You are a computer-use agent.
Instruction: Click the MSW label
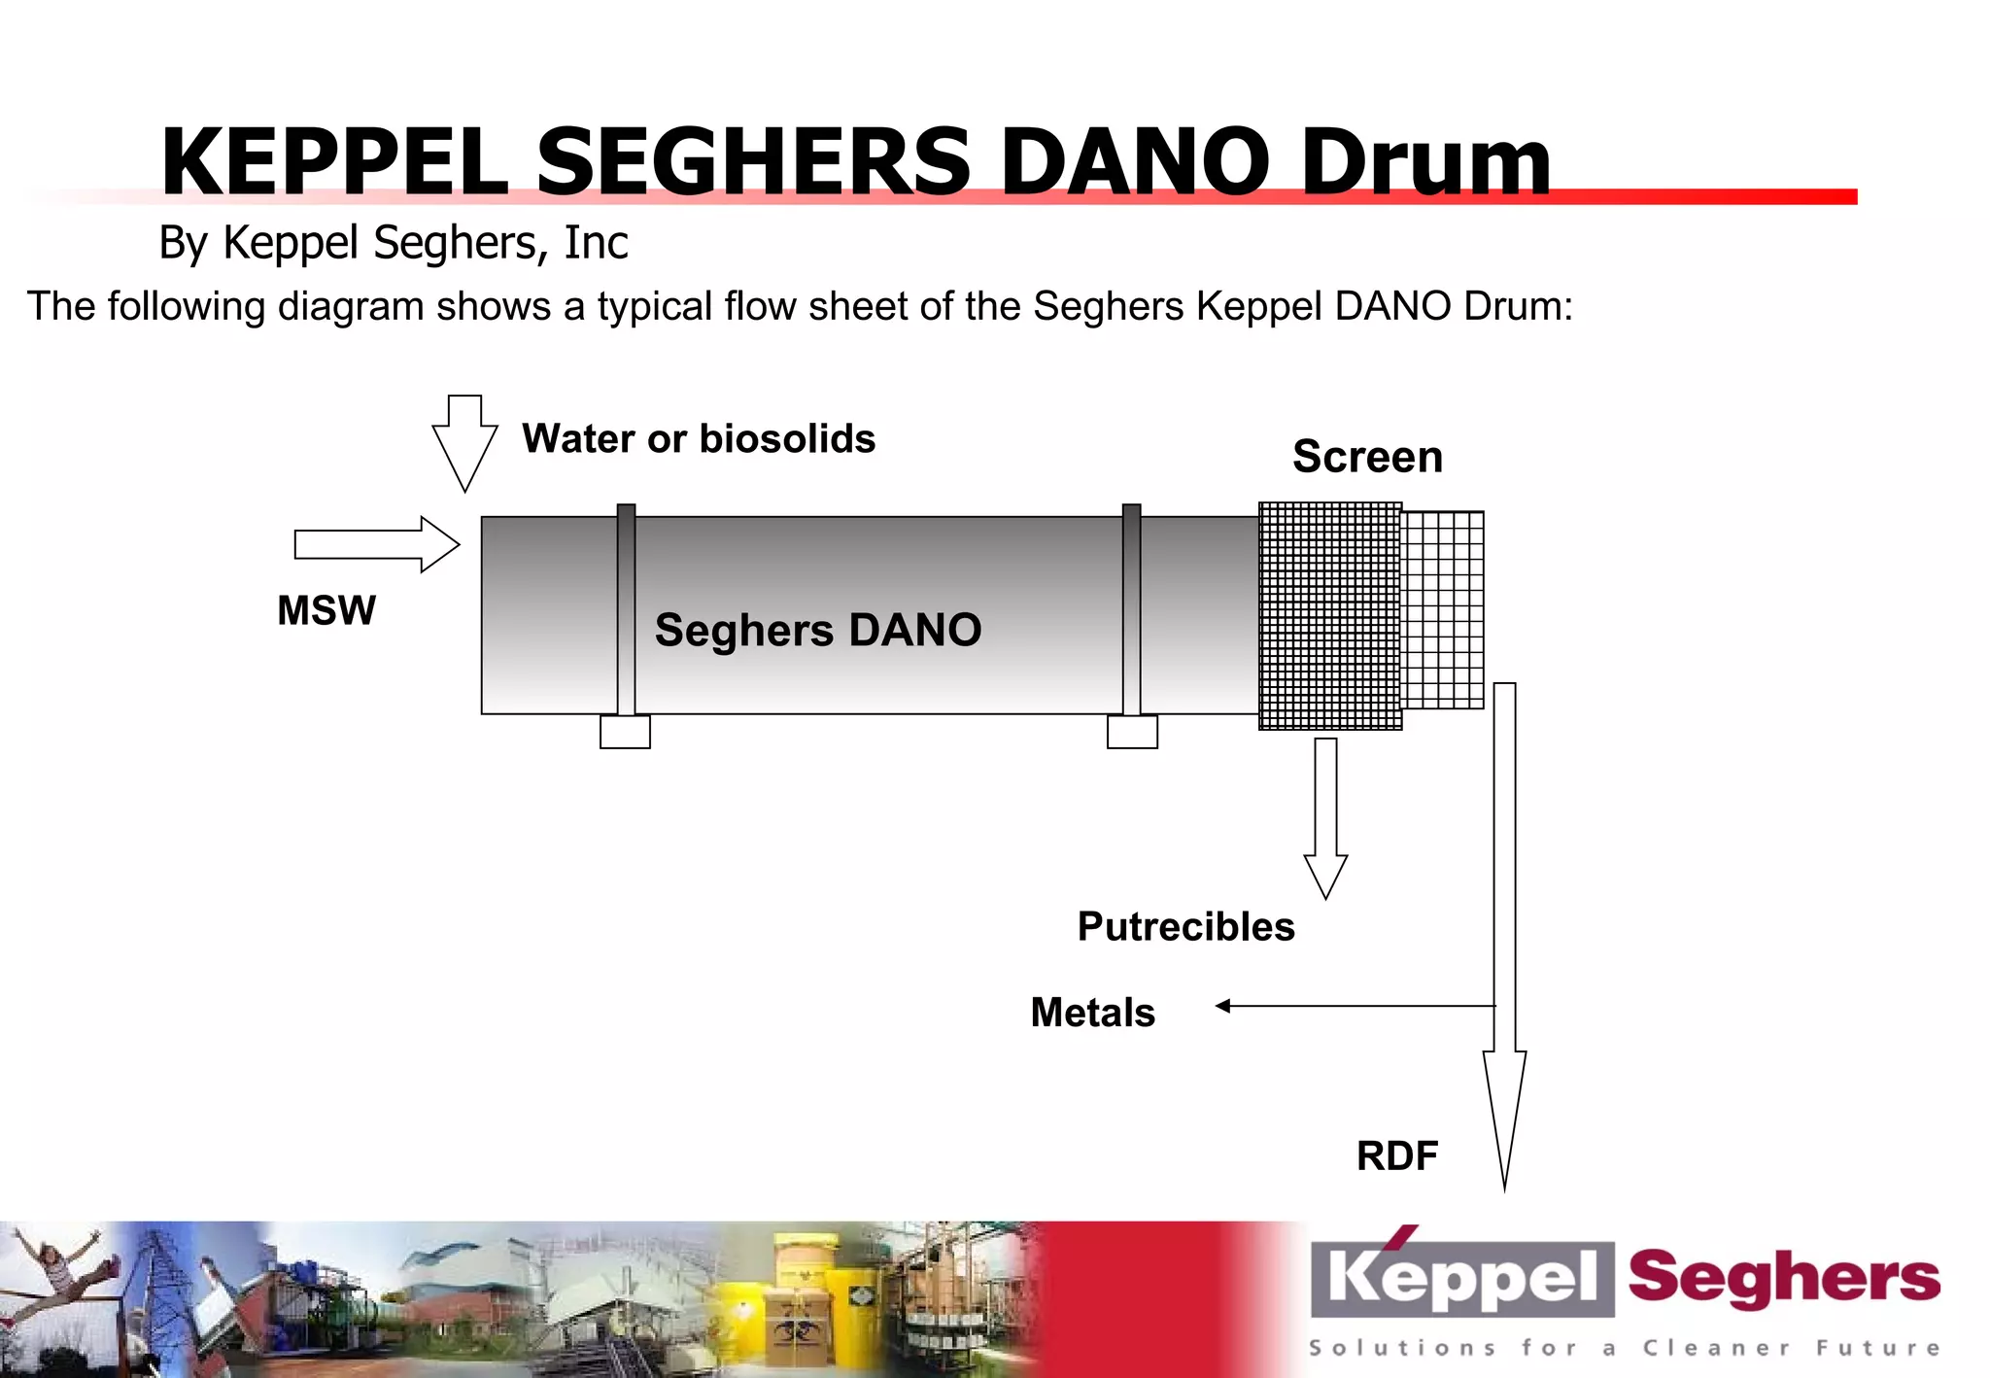click(x=326, y=610)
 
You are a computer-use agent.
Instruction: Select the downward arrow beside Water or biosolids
click(x=464, y=442)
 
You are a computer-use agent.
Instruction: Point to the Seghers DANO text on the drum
click(x=818, y=630)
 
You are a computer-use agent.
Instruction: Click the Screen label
click(x=1367, y=457)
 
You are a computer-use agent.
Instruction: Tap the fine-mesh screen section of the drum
click(x=1330, y=615)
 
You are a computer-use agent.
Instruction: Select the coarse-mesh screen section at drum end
click(x=1443, y=609)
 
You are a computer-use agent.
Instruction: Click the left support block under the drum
click(x=625, y=732)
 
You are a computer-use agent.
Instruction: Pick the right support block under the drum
click(x=1132, y=732)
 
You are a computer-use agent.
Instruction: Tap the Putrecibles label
click(x=1185, y=926)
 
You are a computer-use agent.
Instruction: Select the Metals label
click(x=1093, y=1013)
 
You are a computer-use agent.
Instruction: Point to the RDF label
click(x=1397, y=1155)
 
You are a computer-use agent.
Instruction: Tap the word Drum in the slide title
click(x=1425, y=161)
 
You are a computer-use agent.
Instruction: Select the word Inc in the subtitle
click(x=596, y=242)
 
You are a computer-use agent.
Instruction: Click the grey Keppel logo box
click(x=1462, y=1278)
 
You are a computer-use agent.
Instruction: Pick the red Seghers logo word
click(x=1784, y=1278)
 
